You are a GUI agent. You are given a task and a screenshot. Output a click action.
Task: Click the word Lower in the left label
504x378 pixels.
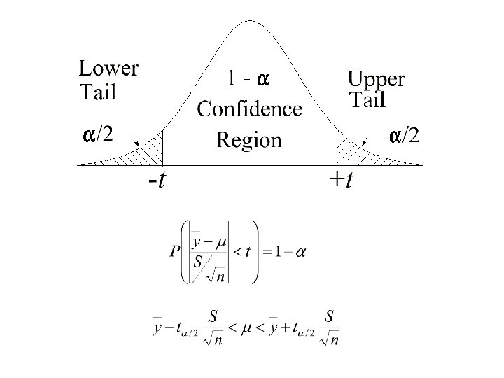(x=108, y=69)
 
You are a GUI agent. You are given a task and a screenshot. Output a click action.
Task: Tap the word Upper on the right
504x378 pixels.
(x=376, y=78)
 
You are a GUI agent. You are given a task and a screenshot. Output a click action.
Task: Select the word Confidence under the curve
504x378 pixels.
(x=249, y=109)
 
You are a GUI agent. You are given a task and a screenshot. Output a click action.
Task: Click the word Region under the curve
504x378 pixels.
(x=249, y=140)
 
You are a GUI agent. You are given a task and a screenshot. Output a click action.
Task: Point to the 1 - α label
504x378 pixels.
(x=248, y=80)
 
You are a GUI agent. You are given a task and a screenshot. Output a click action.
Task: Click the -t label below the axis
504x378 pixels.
(x=157, y=181)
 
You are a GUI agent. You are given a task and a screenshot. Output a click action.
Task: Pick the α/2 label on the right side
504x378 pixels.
(x=405, y=134)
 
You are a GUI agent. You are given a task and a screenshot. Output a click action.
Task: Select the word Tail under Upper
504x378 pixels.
(x=367, y=101)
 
